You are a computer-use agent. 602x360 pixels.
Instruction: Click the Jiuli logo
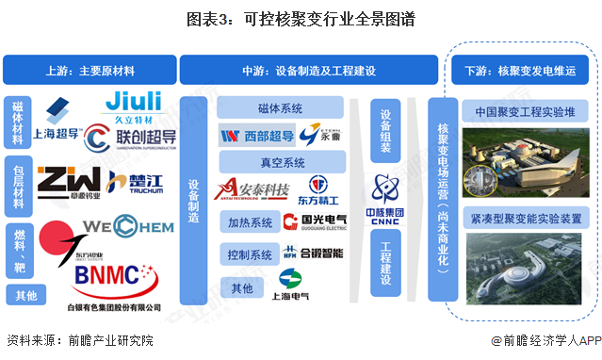pos(134,105)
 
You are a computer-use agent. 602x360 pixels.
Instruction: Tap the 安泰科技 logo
pos(253,188)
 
